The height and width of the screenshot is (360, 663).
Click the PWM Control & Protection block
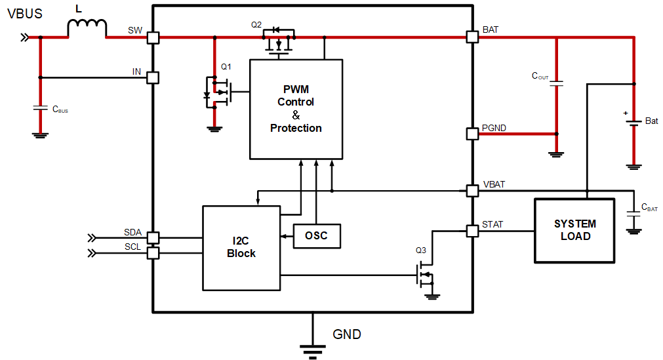[296, 109]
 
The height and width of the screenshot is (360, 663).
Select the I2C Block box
[241, 248]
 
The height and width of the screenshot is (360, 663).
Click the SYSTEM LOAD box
[575, 230]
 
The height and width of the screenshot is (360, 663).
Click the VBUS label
[25, 13]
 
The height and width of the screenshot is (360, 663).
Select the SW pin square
[153, 37]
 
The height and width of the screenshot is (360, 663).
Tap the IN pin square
[153, 77]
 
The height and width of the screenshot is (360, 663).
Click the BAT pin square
[472, 37]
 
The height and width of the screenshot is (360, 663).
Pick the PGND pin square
[472, 134]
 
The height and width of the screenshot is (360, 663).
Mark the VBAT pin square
[472, 191]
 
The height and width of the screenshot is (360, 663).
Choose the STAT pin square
[472, 231]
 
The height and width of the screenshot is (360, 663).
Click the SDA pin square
[153, 237]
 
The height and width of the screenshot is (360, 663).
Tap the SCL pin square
[153, 253]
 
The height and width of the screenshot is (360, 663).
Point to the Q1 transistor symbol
[219, 92]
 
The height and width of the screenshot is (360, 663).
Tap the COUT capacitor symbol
[557, 83]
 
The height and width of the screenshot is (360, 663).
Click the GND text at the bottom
[347, 334]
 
